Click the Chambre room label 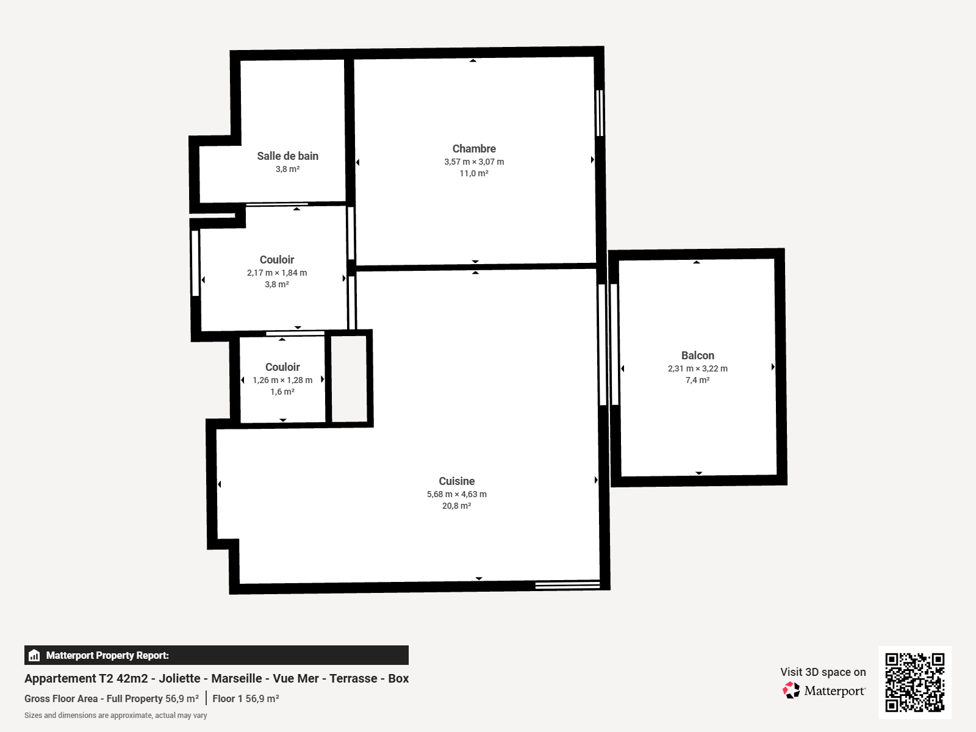(474, 149)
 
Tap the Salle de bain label (287, 156)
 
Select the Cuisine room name (456, 481)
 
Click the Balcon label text (697, 356)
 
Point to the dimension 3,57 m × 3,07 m (474, 162)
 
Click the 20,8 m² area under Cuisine (456, 506)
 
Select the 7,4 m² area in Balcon (697, 380)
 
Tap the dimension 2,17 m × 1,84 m (277, 273)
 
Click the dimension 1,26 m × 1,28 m (282, 380)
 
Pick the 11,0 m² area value (474, 173)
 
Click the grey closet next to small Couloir (349, 378)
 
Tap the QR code (914, 682)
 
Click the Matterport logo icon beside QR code (791, 691)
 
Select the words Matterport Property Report (107, 655)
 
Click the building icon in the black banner (34, 655)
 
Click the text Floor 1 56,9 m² (246, 698)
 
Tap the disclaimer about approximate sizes (115, 716)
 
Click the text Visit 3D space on (822, 672)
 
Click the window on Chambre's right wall (600, 113)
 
